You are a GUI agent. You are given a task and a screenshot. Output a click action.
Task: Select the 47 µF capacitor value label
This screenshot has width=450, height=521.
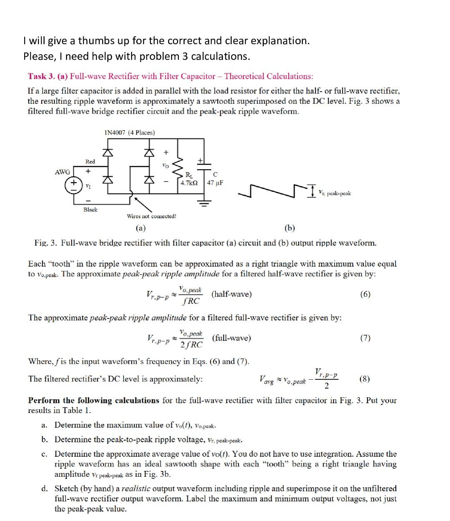pos(215,183)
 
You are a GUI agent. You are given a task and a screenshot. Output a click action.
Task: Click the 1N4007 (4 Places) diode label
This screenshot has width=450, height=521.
pos(129,133)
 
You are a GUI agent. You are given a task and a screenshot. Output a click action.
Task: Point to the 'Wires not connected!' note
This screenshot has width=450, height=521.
pos(151,216)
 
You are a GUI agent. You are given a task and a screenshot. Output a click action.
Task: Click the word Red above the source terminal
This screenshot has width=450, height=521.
pos(90,161)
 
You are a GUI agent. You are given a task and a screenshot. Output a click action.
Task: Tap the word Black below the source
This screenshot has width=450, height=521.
pos(90,210)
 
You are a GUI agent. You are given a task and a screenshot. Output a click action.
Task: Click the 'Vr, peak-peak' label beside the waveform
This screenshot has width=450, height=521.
pos(335,193)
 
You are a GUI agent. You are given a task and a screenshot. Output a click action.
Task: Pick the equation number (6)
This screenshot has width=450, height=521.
pos(365,294)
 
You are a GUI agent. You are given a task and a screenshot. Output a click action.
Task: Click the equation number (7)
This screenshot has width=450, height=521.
pos(365,338)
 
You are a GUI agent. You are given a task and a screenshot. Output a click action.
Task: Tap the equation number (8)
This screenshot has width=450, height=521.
pos(365,379)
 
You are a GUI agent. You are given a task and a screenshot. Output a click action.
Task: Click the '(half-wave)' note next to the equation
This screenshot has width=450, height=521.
pos(232,294)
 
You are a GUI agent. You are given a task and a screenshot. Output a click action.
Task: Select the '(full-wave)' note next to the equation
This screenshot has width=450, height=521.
pos(232,338)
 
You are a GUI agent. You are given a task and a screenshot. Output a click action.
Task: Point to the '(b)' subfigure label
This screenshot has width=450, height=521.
pos(290,228)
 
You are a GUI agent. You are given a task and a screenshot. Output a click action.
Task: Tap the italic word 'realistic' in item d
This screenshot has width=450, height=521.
pos(136,488)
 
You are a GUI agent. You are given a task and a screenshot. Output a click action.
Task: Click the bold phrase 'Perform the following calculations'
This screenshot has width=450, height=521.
pos(93,401)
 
